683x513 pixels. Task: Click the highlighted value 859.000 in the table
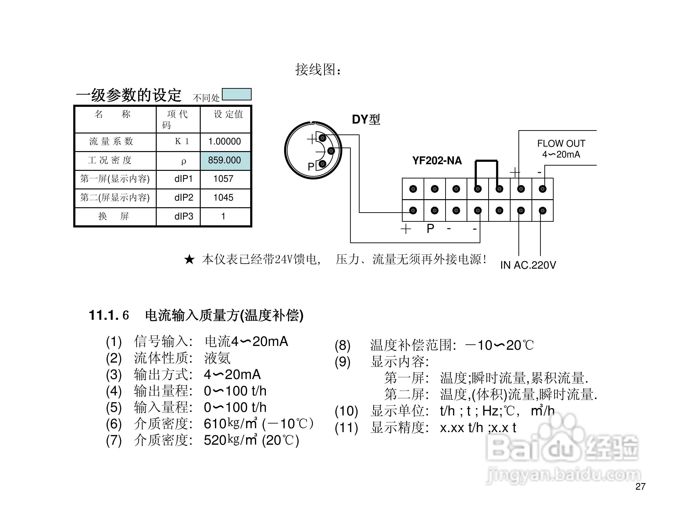coord(224,160)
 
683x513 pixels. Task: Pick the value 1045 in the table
coord(223,198)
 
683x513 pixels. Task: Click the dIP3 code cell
coord(184,216)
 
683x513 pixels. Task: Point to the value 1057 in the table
coord(223,179)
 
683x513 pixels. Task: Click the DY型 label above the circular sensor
coord(366,119)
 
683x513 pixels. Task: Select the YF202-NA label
coord(437,161)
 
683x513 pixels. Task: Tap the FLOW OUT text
coord(561,144)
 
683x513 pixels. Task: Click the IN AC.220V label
coord(528,265)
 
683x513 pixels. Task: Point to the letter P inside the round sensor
coord(311,167)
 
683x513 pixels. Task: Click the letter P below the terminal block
coord(430,229)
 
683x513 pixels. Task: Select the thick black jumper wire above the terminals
coord(487,161)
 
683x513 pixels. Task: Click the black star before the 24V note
coord(189,259)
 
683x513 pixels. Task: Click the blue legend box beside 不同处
coord(237,94)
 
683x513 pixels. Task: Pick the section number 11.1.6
coord(109,315)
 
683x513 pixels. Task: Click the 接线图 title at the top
coord(318,69)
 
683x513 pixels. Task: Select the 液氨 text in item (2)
coord(217,358)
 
